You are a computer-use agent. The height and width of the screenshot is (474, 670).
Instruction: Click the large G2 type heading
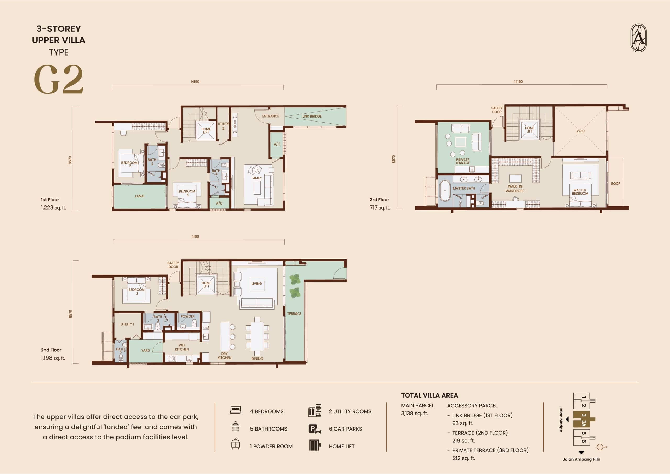[x=59, y=79]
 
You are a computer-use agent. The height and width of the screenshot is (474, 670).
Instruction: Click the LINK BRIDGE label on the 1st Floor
[x=312, y=116]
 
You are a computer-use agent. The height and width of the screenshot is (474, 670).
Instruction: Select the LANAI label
[x=139, y=196]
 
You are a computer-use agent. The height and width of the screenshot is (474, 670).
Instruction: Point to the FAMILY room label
[x=256, y=178]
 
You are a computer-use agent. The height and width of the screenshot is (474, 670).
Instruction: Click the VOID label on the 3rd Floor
[x=580, y=131]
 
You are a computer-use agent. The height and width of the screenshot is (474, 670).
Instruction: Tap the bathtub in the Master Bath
[x=445, y=190]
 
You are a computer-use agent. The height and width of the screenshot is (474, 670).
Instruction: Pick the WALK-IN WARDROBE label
[x=515, y=189]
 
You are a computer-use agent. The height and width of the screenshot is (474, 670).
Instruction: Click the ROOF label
[x=615, y=184]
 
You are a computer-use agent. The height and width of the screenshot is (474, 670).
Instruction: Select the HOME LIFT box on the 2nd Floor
[x=206, y=285]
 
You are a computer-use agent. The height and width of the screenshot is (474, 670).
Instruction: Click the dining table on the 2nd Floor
[x=257, y=336]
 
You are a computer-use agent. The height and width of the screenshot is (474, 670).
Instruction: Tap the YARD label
[x=145, y=350]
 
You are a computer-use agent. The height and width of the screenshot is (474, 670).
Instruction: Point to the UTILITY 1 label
[x=127, y=324]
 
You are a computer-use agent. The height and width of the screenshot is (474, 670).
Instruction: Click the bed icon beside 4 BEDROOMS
[x=236, y=410]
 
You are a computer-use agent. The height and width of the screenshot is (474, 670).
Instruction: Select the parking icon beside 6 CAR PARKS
[x=315, y=429]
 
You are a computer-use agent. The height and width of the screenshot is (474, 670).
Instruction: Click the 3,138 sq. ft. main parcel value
[x=414, y=413]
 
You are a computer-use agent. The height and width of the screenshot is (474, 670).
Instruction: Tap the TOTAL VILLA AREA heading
[x=429, y=395]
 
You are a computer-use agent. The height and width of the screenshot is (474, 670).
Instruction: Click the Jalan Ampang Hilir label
[x=581, y=459]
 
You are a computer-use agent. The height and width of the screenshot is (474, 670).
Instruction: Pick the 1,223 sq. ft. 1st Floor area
[x=53, y=208]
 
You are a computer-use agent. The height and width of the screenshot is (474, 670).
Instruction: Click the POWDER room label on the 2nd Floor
[x=187, y=316]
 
